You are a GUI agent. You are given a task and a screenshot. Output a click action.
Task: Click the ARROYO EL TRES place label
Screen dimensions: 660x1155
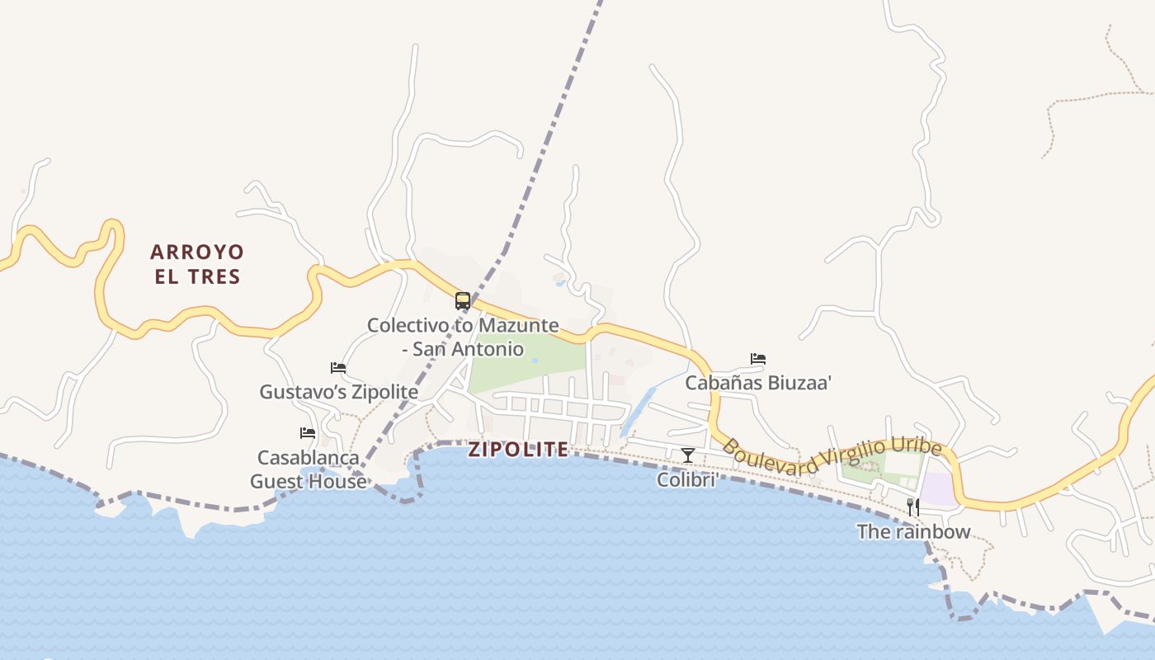[197, 264]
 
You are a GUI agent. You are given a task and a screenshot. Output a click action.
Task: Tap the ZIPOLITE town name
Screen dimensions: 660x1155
[518, 450]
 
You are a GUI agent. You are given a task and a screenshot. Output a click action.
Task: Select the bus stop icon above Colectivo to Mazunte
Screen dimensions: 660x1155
[463, 301]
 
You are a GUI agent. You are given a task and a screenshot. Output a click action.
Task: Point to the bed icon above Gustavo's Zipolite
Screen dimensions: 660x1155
[338, 368]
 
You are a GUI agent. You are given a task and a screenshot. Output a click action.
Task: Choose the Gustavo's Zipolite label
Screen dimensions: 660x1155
[339, 392]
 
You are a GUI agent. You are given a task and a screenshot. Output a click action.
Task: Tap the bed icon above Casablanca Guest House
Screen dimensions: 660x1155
[308, 433]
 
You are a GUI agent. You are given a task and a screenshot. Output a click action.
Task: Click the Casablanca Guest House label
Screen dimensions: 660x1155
[309, 469]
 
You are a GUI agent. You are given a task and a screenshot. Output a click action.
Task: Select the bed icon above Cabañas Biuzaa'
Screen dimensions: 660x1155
[758, 359]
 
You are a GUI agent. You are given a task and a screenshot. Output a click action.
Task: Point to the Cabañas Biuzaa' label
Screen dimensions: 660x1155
[758, 383]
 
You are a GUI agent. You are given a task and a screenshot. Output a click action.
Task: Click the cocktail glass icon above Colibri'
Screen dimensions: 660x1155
[687, 455]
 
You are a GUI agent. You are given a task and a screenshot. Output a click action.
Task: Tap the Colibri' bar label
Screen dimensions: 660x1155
[686, 479]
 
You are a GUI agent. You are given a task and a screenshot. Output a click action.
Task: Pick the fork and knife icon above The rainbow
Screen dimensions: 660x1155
[913, 507]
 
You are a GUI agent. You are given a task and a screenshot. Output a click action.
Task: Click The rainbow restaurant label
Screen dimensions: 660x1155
[913, 532]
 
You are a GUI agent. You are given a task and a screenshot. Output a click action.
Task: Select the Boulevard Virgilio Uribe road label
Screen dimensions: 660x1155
[832, 458]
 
